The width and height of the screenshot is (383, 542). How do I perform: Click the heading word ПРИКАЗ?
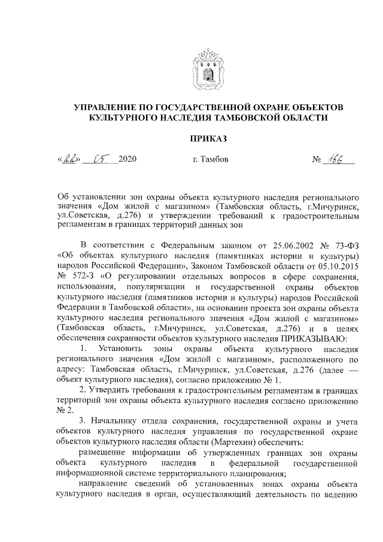tap(208, 139)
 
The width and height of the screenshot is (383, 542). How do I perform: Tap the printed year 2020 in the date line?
tap(128, 161)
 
